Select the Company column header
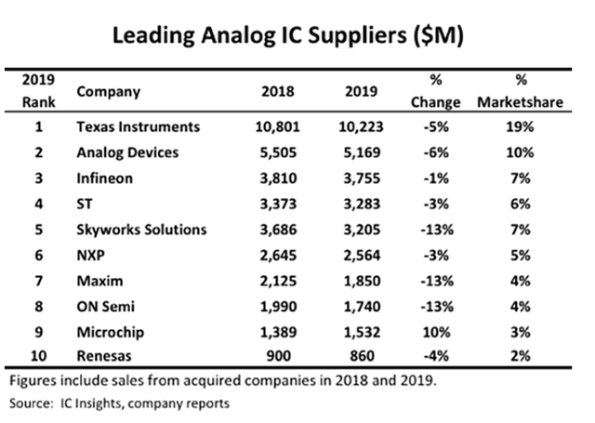108,92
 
